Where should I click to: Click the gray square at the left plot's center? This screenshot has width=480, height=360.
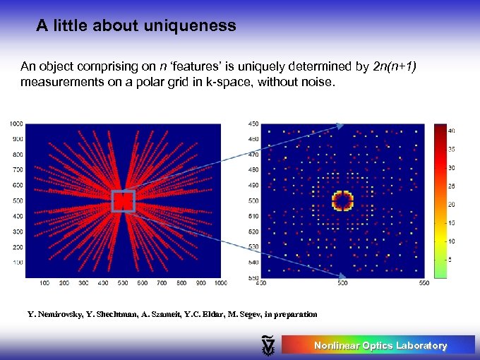pyautogui.click(x=123, y=201)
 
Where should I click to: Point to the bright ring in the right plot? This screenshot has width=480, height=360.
pyautogui.click(x=342, y=200)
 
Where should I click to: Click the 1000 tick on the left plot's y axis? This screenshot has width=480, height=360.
pyautogui.click(x=16, y=124)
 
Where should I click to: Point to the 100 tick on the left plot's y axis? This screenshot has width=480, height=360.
pyautogui.click(x=18, y=263)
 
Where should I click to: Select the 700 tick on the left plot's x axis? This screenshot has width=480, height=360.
pyautogui.click(x=162, y=283)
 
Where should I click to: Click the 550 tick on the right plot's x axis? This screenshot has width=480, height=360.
pyautogui.click(x=424, y=283)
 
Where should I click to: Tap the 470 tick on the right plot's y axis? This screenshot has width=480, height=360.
pyautogui.click(x=253, y=154)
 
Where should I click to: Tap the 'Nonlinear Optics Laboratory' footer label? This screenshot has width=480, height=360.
pyautogui.click(x=380, y=345)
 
